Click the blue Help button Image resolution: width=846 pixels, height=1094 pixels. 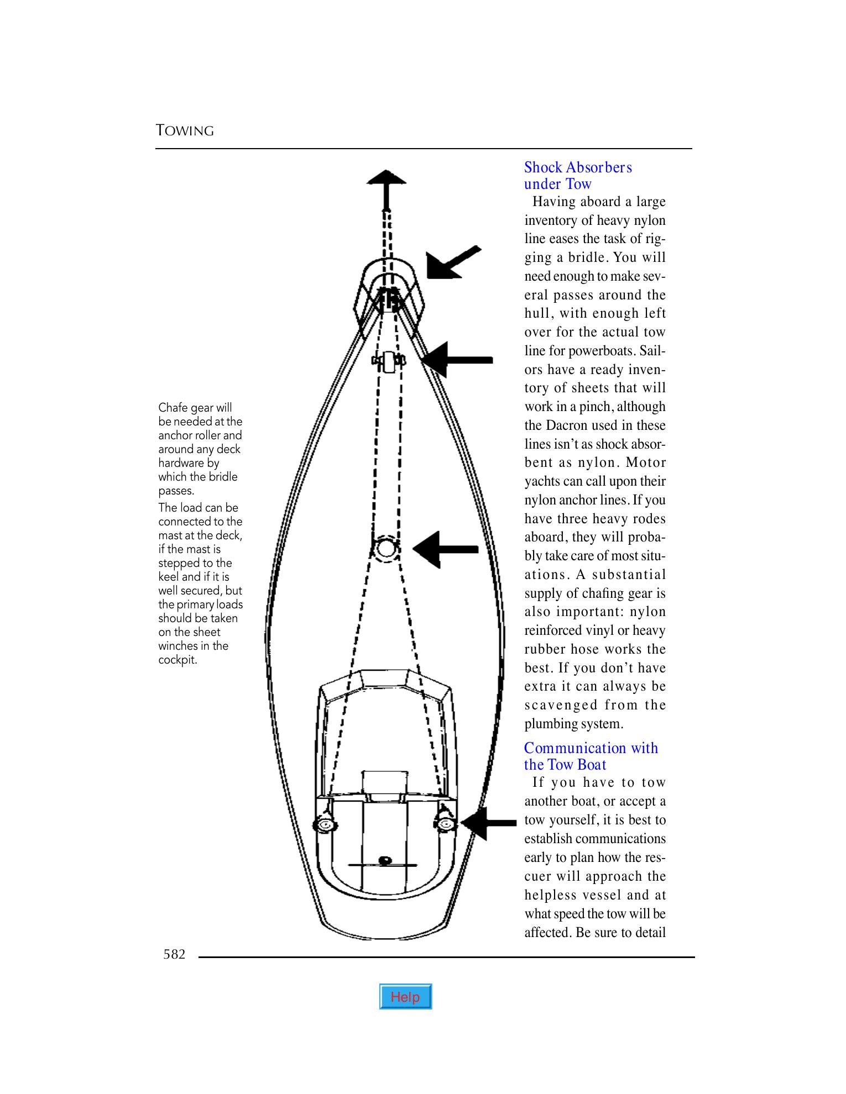tap(405, 997)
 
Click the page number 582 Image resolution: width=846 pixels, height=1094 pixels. tap(174, 954)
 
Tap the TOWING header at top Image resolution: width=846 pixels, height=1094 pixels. tap(185, 131)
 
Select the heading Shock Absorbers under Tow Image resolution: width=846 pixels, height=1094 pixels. tap(577, 176)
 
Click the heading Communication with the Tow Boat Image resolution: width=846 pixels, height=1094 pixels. tap(591, 756)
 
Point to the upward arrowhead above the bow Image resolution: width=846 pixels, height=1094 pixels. tap(387, 178)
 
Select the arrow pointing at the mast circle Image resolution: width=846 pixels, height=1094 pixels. tap(446, 549)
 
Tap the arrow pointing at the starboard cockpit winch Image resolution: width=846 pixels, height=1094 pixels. tap(489, 823)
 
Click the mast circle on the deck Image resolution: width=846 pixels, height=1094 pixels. tap(385, 548)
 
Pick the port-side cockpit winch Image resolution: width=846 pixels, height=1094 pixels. tap(323, 825)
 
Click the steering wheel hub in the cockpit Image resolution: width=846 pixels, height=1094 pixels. tap(385, 860)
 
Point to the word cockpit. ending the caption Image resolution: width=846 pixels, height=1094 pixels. tap(177, 660)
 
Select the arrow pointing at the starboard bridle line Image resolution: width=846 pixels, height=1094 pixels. tap(458, 360)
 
